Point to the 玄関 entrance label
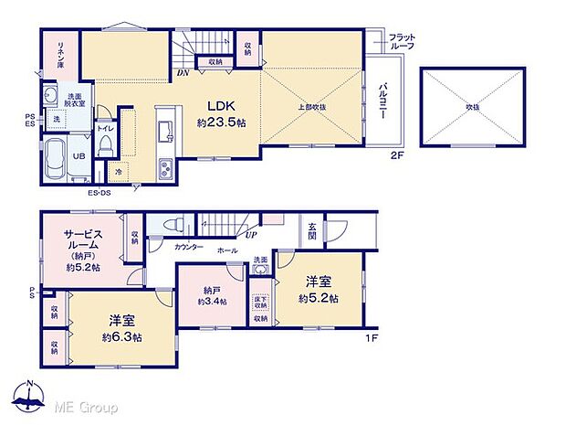pyautogui.click(x=312, y=232)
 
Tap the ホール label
pyautogui.click(x=227, y=249)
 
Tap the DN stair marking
pyautogui.click(x=183, y=73)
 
